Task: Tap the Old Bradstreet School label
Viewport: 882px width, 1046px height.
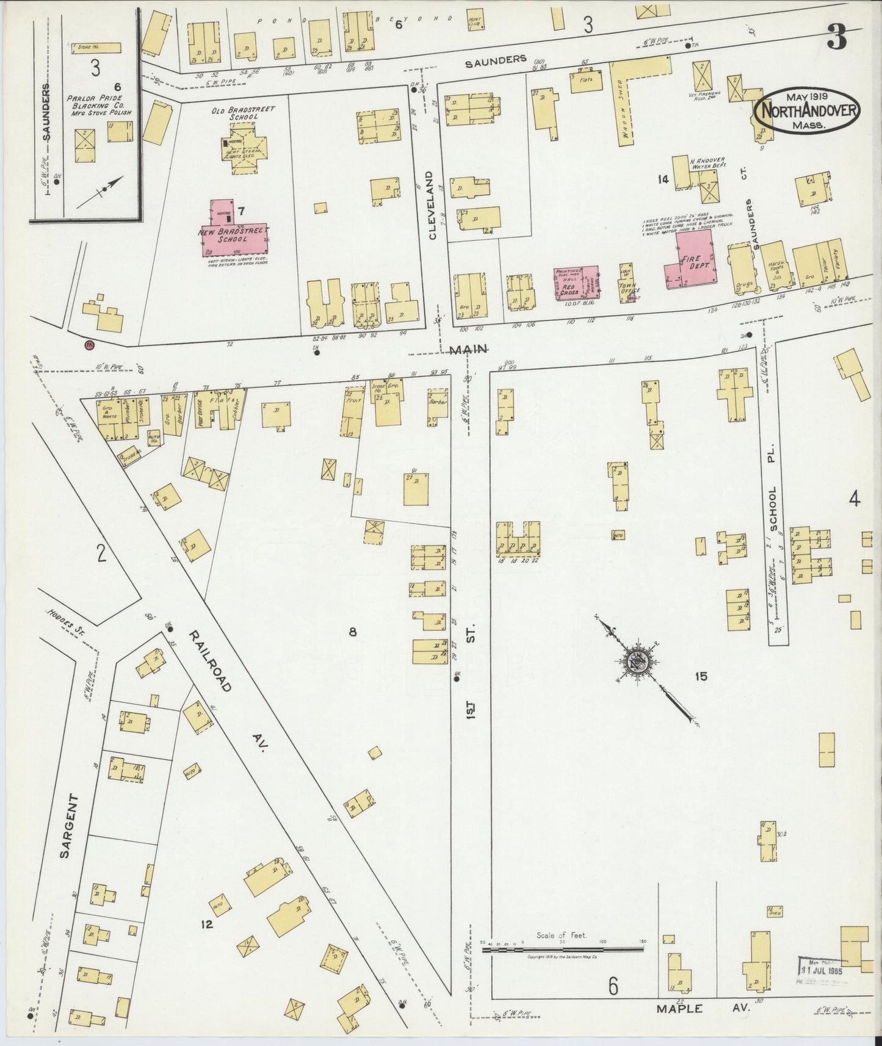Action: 235,113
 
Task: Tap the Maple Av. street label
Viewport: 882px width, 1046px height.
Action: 701,1009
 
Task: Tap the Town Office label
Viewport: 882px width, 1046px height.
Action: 626,288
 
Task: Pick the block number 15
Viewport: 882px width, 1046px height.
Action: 700,676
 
